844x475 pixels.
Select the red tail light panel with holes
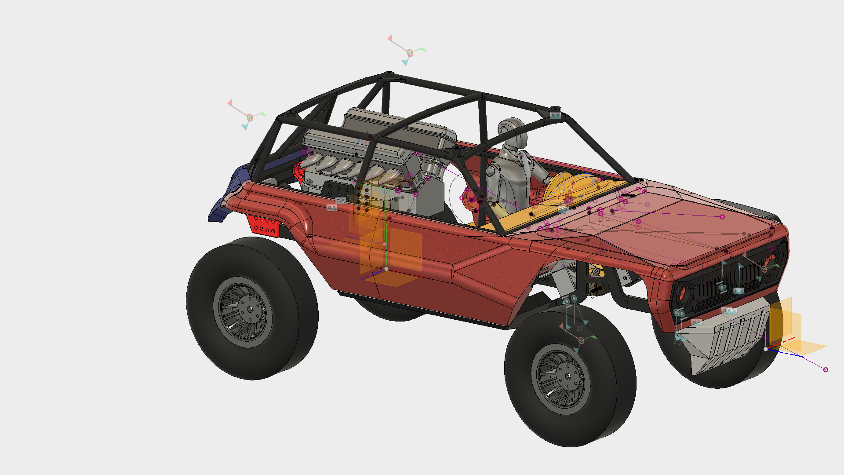pyautogui.click(x=262, y=225)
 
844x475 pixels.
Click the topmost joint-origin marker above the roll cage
pyautogui.click(x=409, y=53)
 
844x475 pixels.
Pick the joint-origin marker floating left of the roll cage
pyautogui.click(x=250, y=117)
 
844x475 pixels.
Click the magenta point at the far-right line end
pyautogui.click(x=825, y=369)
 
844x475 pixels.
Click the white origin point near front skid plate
pyautogui.click(x=765, y=349)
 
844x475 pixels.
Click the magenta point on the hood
pyautogui.click(x=722, y=216)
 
